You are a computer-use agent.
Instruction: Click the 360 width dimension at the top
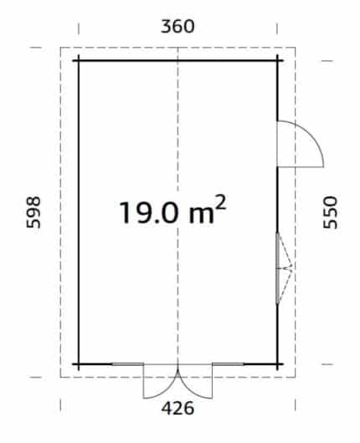coord(177,27)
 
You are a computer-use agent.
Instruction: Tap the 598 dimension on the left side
coord(33,212)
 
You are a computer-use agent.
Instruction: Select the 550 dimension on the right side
coord(331,213)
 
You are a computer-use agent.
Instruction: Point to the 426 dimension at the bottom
coord(177,408)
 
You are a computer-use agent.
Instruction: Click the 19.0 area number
coord(149,213)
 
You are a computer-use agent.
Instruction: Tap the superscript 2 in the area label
coord(221,202)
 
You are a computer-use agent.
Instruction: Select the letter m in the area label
coord(201,214)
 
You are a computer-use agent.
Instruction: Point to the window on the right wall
coord(278,268)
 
